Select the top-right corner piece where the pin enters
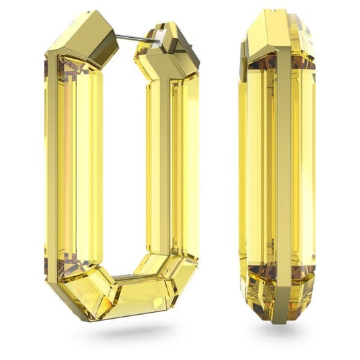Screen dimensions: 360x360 click(x=161, y=47)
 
